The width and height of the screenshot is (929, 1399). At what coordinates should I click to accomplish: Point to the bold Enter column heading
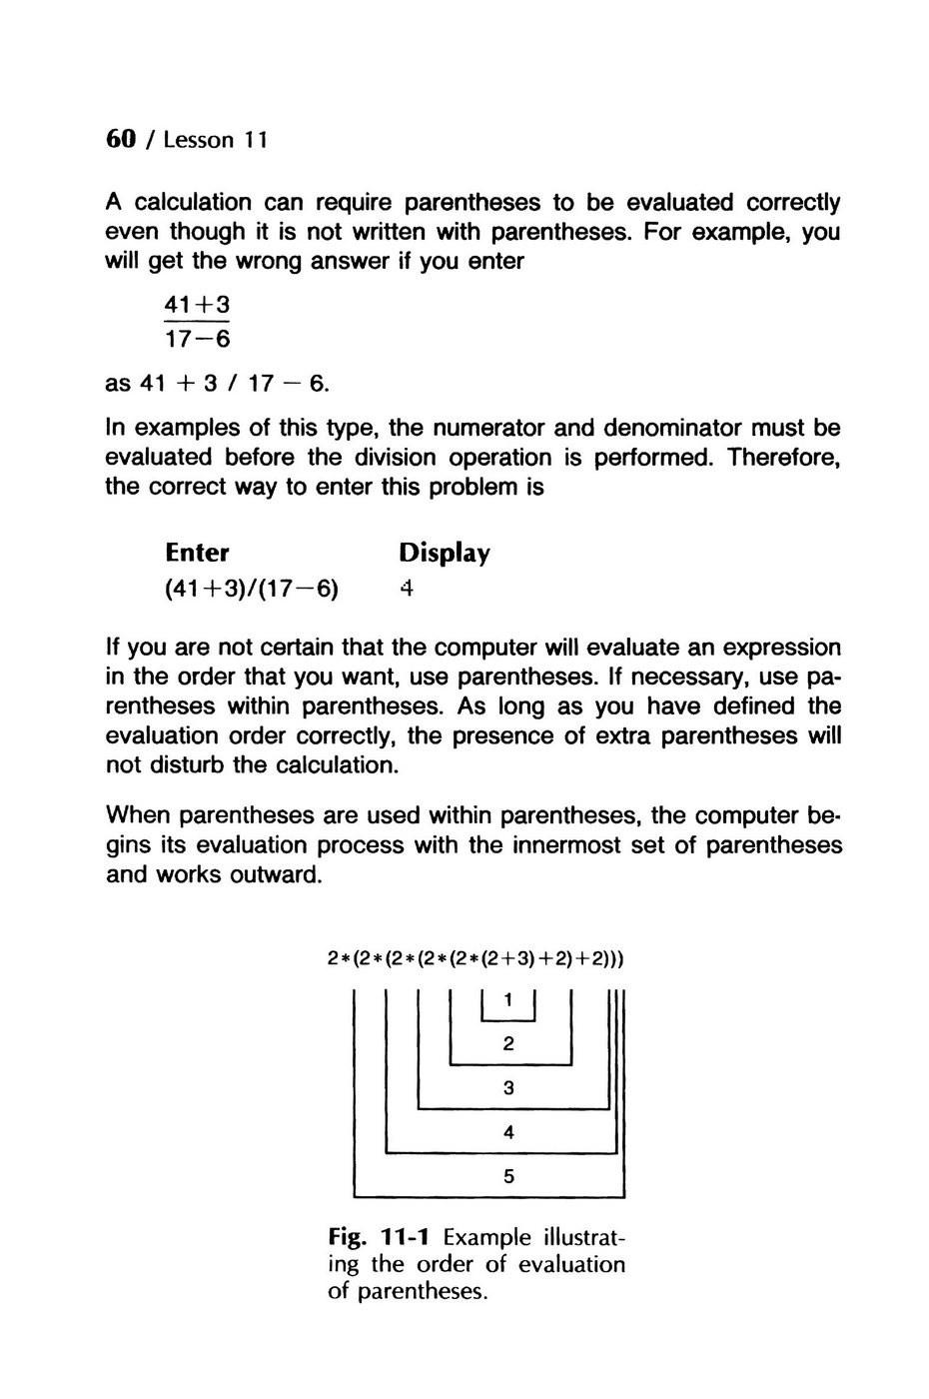pos(197,553)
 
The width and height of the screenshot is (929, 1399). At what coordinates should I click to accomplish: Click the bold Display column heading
pos(444,553)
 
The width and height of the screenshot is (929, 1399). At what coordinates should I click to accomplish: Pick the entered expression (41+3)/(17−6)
pos(251,589)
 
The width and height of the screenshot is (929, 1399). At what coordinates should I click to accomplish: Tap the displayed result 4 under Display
pos(406,589)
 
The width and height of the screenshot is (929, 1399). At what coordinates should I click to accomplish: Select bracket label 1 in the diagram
pos(509,1000)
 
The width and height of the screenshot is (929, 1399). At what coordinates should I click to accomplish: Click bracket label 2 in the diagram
pos(509,1045)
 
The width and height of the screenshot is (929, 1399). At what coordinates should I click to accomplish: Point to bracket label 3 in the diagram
pos(509,1089)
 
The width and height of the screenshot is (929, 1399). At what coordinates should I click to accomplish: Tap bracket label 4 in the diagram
pos(509,1133)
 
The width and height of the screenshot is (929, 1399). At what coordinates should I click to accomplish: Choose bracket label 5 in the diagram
pos(509,1177)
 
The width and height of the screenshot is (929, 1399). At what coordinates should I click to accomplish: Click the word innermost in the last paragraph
pos(573,845)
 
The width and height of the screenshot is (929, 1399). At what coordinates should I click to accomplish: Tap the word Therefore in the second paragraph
pos(783,458)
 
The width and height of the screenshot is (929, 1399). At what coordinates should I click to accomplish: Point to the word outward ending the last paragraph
pos(277,875)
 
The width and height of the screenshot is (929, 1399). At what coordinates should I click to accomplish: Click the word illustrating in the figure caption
pos(579,1237)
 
